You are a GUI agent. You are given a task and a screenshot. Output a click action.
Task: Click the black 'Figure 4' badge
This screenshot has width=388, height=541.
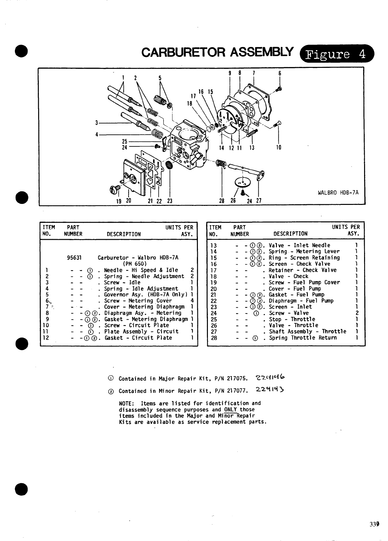[x=337, y=54]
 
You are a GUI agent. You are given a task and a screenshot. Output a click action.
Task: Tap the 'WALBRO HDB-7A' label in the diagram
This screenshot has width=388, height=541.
[x=338, y=193]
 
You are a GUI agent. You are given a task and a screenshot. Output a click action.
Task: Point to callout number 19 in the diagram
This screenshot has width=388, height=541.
[x=119, y=201]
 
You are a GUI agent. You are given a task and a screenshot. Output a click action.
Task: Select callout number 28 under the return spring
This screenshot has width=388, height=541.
[x=222, y=201]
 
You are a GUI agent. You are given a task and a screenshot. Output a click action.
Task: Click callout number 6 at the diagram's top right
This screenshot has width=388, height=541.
[x=280, y=73]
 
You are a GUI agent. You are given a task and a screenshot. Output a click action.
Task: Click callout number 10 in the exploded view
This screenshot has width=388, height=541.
[x=279, y=148]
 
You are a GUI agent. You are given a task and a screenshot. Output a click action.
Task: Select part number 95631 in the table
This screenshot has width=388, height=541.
[x=74, y=258]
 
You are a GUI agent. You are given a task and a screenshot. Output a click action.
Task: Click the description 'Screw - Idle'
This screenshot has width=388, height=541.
[x=122, y=282]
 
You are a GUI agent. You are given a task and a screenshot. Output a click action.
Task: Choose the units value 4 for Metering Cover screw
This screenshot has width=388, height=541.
[x=192, y=301]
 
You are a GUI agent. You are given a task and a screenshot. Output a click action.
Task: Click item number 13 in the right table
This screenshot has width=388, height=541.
[x=213, y=245]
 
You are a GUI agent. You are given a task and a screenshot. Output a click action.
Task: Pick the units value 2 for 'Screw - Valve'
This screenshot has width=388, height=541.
[x=356, y=313]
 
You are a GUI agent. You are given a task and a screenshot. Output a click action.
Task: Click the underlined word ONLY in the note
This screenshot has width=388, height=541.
[x=231, y=409]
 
